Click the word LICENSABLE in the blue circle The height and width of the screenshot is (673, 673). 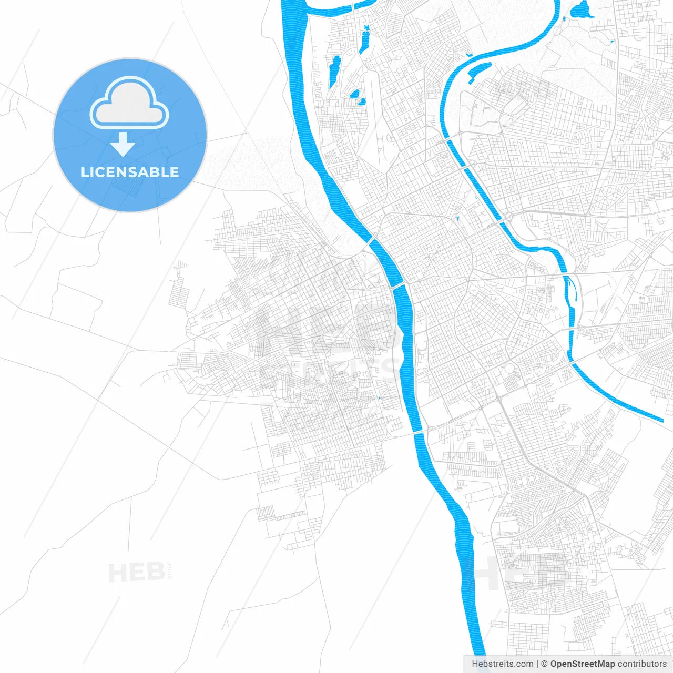(x=130, y=172)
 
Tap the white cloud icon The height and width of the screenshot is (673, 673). (x=129, y=104)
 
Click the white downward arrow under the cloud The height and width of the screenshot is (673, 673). (x=123, y=145)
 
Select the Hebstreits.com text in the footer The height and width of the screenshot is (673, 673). (x=502, y=664)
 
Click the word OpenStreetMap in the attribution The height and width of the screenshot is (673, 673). (x=582, y=664)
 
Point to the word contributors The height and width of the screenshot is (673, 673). (x=642, y=664)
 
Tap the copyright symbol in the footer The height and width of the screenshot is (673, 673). (x=544, y=664)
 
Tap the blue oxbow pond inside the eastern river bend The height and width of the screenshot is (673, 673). (x=478, y=71)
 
